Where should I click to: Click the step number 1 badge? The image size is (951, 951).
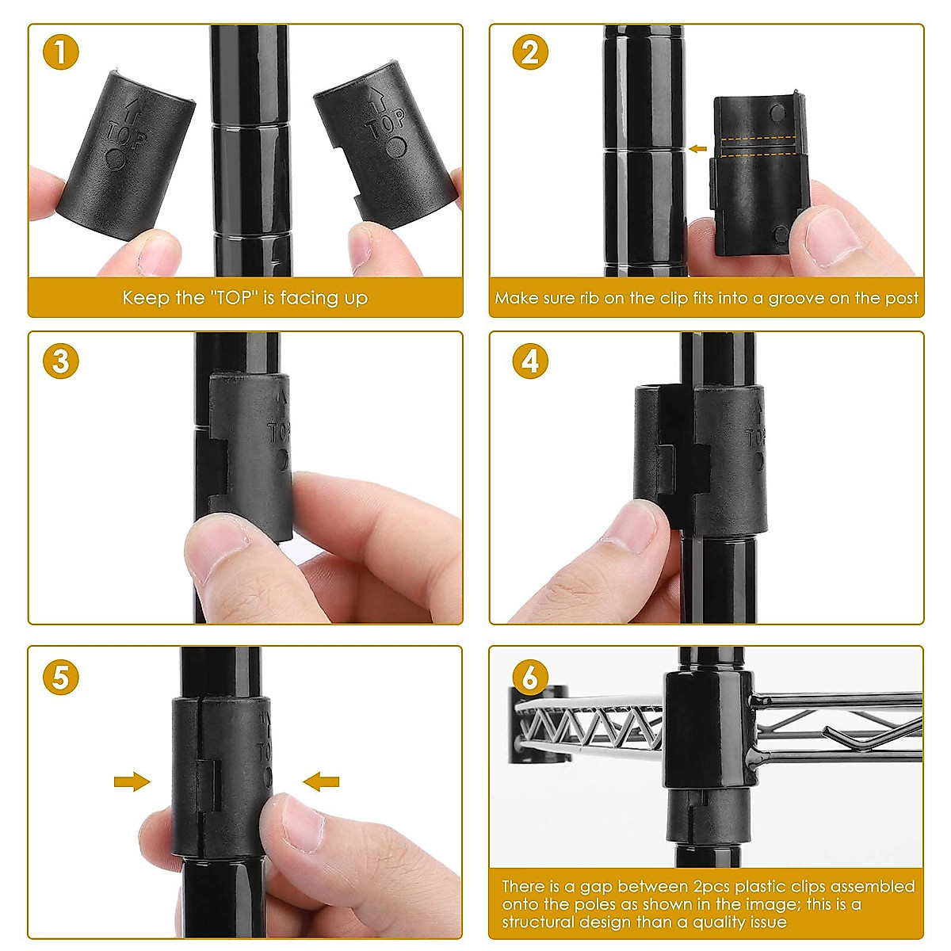pyautogui.click(x=61, y=52)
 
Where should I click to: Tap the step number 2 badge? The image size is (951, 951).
pyautogui.click(x=530, y=52)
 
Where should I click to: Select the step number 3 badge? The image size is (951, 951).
pyautogui.click(x=61, y=361)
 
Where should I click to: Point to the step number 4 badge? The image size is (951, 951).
pyautogui.click(x=530, y=361)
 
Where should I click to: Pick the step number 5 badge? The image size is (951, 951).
pyautogui.click(x=61, y=677)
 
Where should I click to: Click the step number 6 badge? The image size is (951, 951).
pyautogui.click(x=530, y=677)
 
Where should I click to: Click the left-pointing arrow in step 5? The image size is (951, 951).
pyautogui.click(x=321, y=781)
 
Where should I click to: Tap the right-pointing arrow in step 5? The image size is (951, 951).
pyautogui.click(x=132, y=781)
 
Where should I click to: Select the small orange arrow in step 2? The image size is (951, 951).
pyautogui.click(x=698, y=148)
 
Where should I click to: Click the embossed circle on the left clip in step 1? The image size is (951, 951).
pyautogui.click(x=115, y=159)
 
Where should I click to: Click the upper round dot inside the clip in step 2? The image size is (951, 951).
pyautogui.click(x=777, y=113)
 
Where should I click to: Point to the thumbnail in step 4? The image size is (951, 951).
pyautogui.click(x=633, y=529)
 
